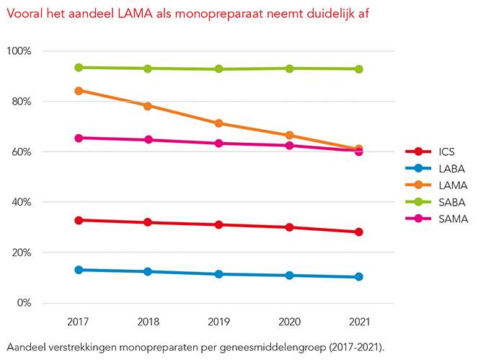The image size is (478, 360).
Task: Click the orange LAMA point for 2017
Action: pyautogui.click(x=78, y=91)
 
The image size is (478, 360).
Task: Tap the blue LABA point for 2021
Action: pyautogui.click(x=358, y=277)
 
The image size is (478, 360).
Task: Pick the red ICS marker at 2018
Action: pyautogui.click(x=148, y=222)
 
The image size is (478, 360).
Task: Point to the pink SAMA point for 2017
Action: pyautogui.click(x=78, y=138)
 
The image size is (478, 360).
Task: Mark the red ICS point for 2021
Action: pyautogui.click(x=358, y=232)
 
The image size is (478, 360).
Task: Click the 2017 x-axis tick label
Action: pyautogui.click(x=78, y=320)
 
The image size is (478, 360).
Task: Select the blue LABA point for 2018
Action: pyautogui.click(x=148, y=272)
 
